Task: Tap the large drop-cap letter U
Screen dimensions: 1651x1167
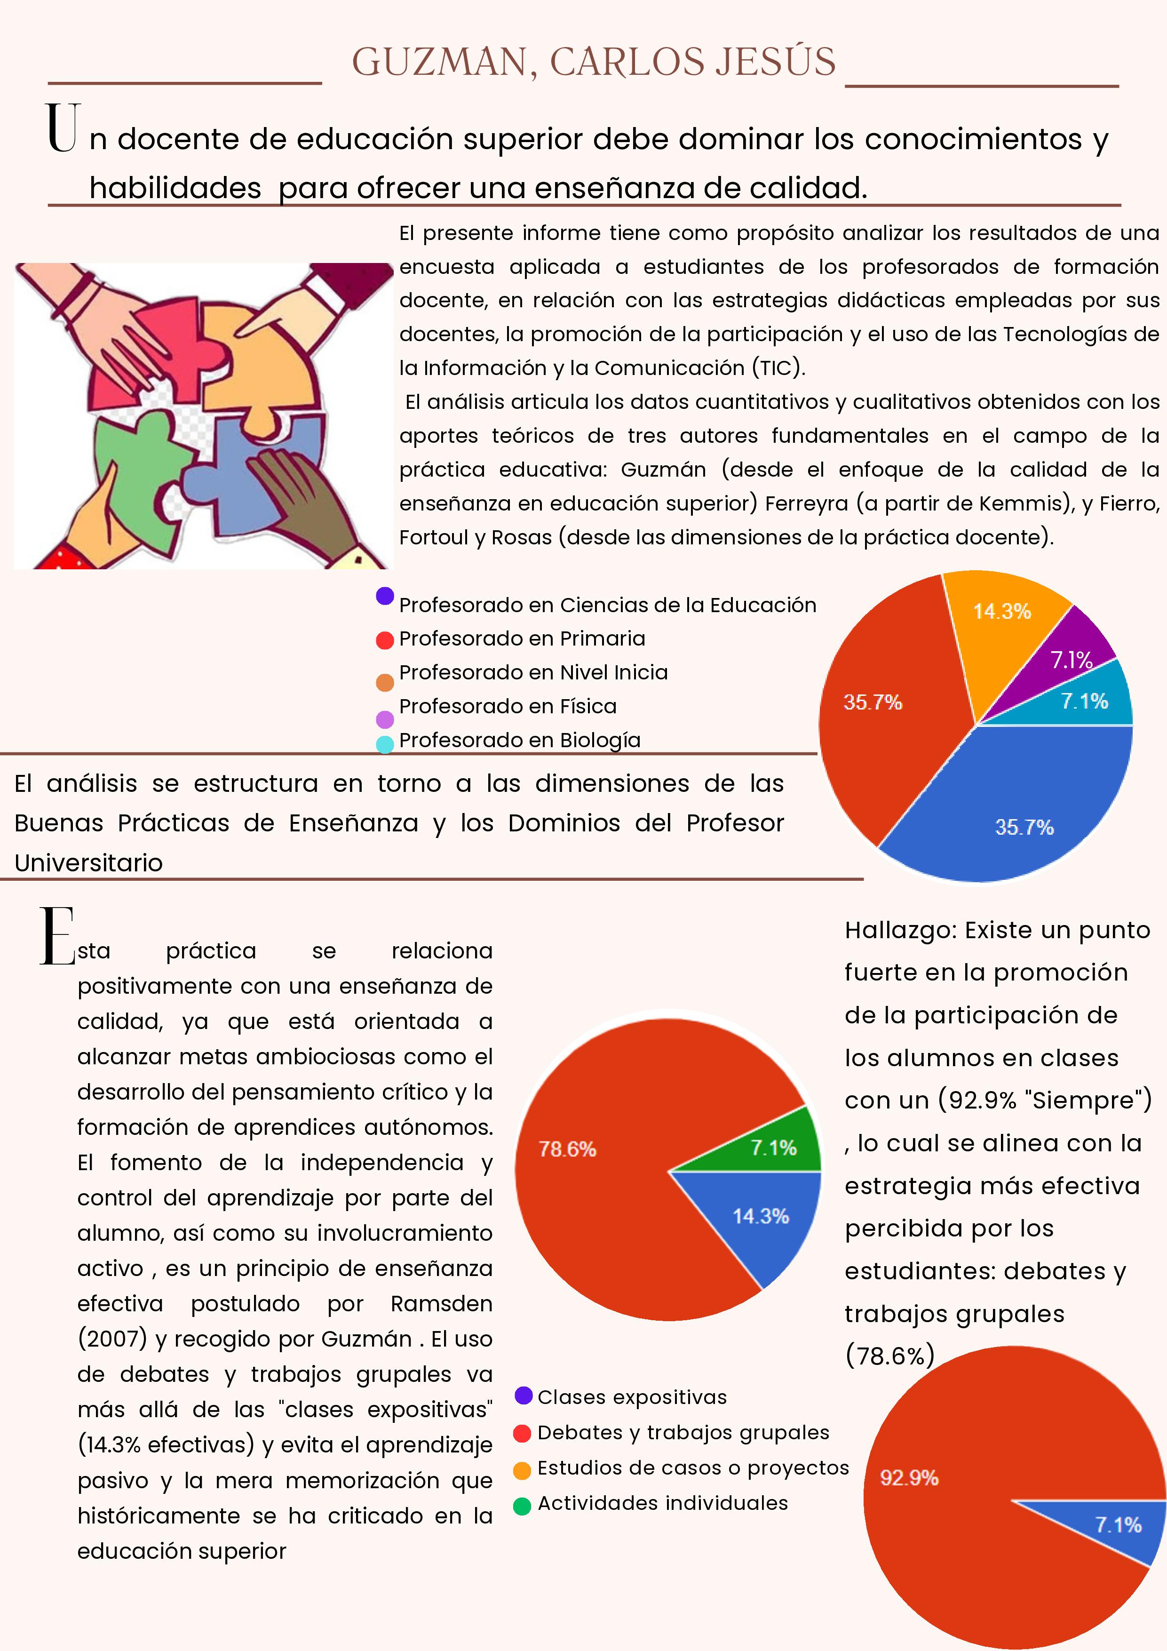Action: click(62, 128)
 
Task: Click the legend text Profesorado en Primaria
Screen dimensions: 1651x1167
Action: click(522, 638)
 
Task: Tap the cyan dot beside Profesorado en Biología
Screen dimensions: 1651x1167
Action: click(385, 744)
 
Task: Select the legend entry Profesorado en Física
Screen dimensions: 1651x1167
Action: click(508, 706)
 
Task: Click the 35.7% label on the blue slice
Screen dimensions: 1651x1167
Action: click(1024, 827)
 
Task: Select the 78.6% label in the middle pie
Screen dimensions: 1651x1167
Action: click(567, 1149)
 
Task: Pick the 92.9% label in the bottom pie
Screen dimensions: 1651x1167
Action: click(909, 1478)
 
